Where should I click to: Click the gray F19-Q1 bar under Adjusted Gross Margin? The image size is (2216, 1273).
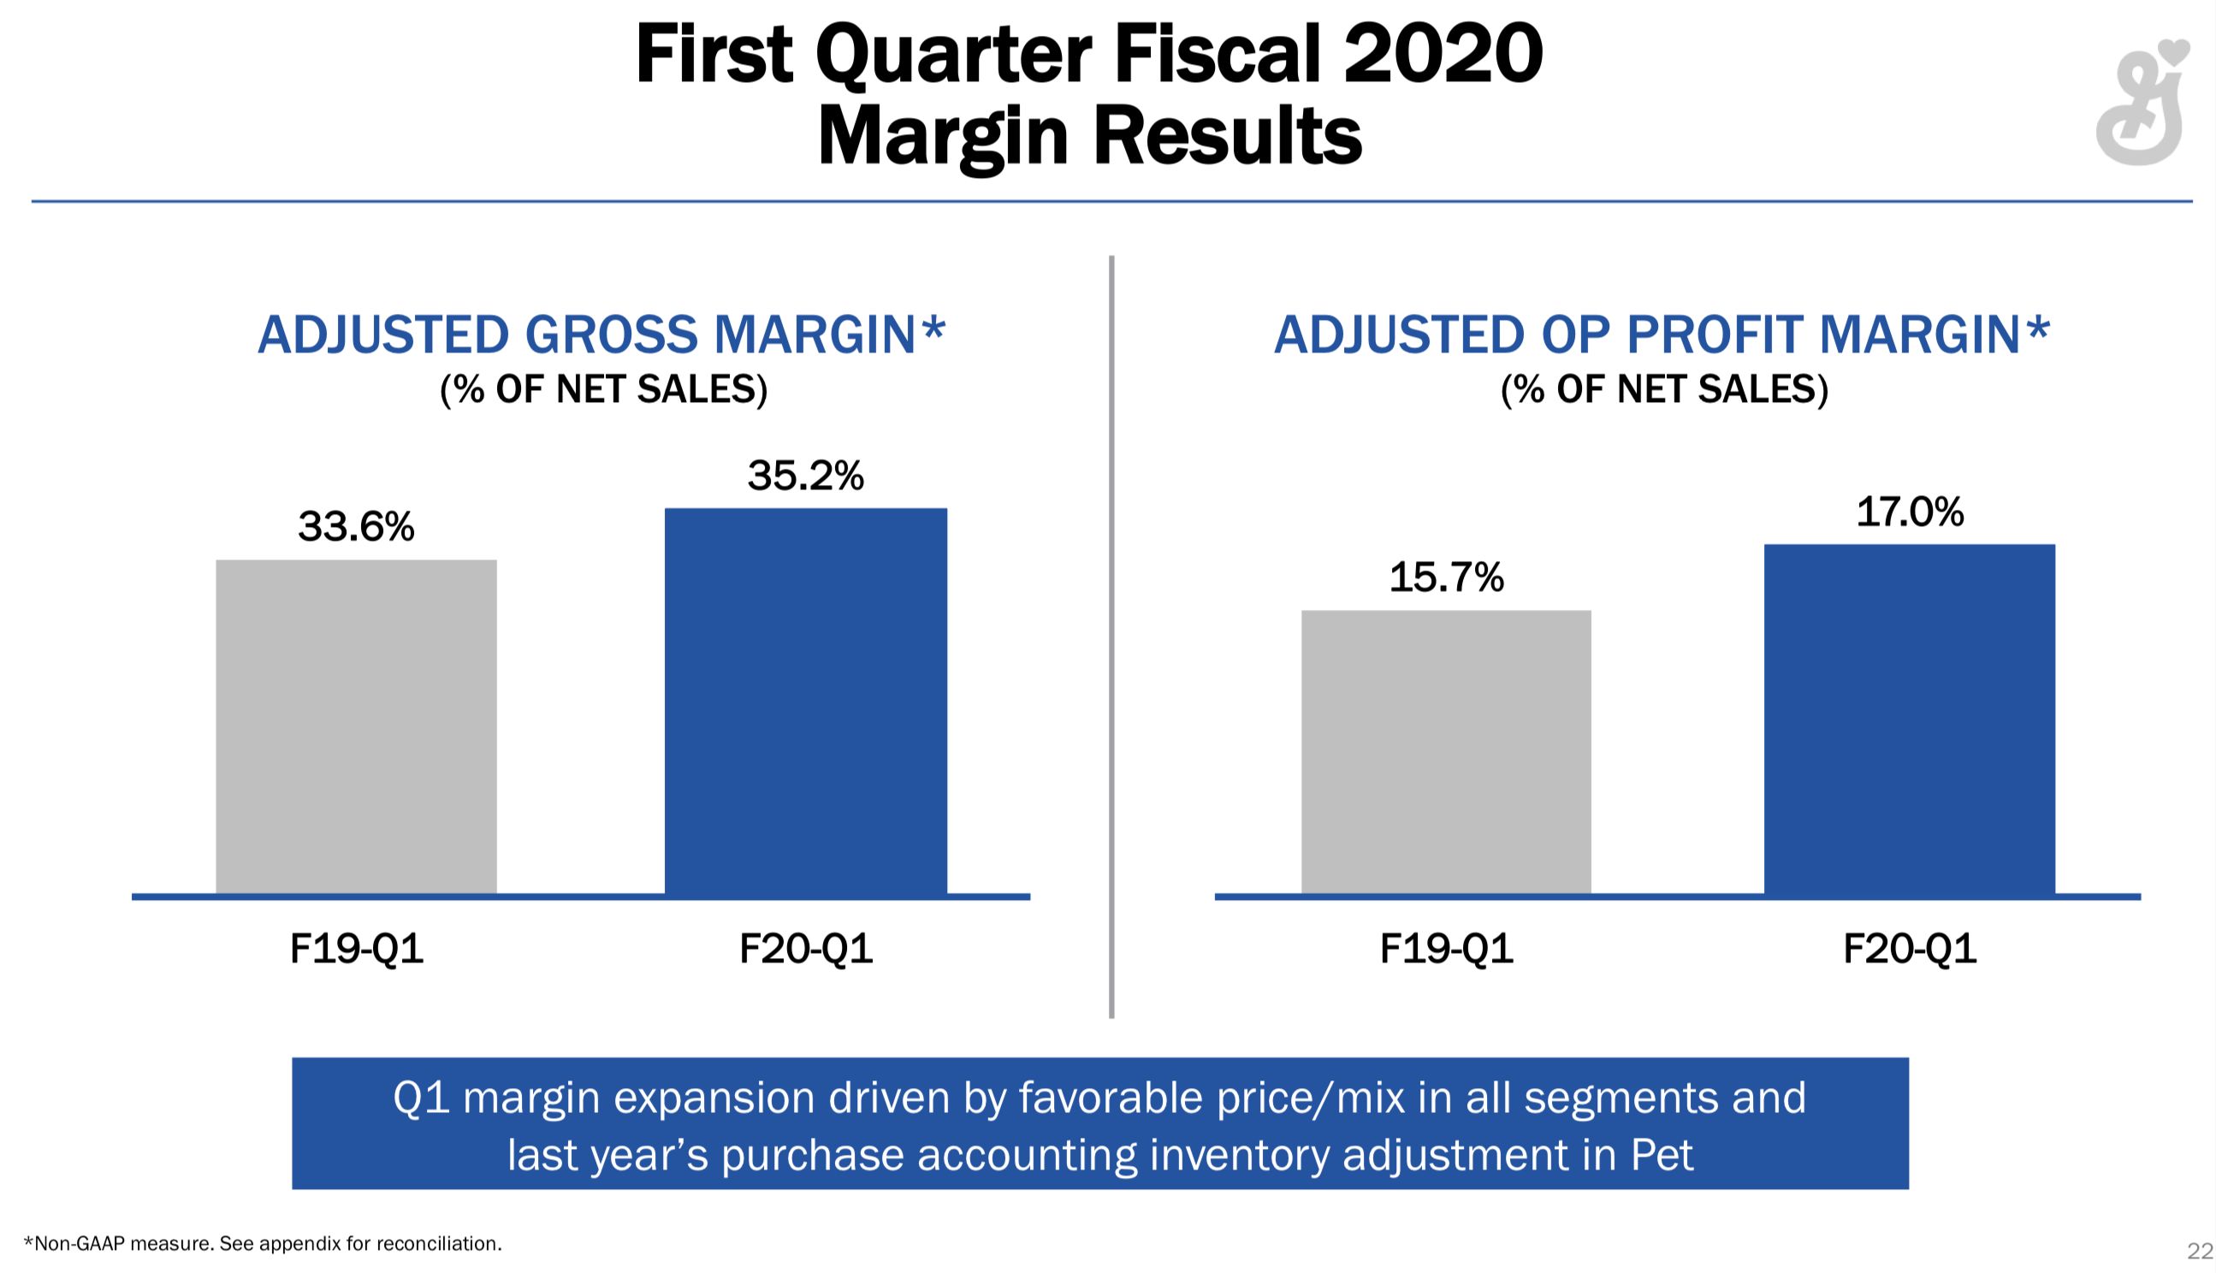coord(356,727)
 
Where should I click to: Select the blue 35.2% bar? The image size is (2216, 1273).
coord(805,702)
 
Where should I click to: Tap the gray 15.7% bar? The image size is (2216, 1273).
coord(1446,752)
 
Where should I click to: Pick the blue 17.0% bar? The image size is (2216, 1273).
coord(1909,719)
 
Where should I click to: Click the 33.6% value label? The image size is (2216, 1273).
coord(356,526)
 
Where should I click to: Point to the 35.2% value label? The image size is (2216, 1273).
coord(805,476)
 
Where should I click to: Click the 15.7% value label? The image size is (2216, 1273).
coord(1446,577)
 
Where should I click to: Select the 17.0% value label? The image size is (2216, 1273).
coord(1909,512)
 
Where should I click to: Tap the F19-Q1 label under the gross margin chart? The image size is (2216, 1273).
coord(356,949)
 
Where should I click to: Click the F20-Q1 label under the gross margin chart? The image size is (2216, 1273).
coord(805,949)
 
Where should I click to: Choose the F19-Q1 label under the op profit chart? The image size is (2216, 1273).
coord(1446,949)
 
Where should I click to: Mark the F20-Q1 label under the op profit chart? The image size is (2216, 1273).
coord(1909,949)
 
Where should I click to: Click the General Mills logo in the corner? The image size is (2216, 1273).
coord(2142,104)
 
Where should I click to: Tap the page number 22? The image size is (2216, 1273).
coord(2199,1251)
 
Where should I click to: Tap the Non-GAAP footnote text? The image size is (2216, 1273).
coord(263,1243)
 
